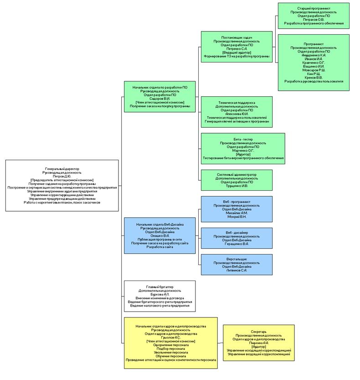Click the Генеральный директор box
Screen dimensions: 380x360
pyautogui.click(x=62, y=185)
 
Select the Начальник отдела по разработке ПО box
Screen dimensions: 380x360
pyautogui.click(x=160, y=96)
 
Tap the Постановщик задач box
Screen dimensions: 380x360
pyautogui.click(x=237, y=47)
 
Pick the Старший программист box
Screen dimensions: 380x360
pyautogui.click(x=314, y=16)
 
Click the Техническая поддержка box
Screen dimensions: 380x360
pyautogui.click(x=237, y=112)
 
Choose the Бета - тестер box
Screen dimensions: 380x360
pyautogui.click(x=243, y=148)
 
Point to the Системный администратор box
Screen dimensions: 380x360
pyautogui.click(x=237, y=180)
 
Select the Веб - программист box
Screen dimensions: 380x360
pyautogui.click(x=237, y=209)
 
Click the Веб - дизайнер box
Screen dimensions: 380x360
pyautogui.click(x=237, y=238)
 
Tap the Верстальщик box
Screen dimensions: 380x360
pyautogui.click(x=237, y=265)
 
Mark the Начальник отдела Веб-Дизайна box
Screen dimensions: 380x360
pyautogui.click(x=160, y=235)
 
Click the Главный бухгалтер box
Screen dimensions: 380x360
pyautogui.click(x=159, y=296)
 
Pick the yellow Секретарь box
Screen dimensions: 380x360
pyautogui.click(x=259, y=342)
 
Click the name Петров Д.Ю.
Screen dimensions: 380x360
pyautogui.click(x=62, y=176)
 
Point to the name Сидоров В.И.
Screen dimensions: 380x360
pyautogui.click(x=160, y=99)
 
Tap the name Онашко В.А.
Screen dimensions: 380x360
pyautogui.click(x=160, y=235)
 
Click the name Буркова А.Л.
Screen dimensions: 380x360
pyautogui.click(x=159, y=294)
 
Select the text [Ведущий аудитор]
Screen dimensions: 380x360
pyautogui.click(x=237, y=52)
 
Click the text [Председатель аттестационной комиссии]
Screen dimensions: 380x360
pyautogui.click(x=62, y=180)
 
